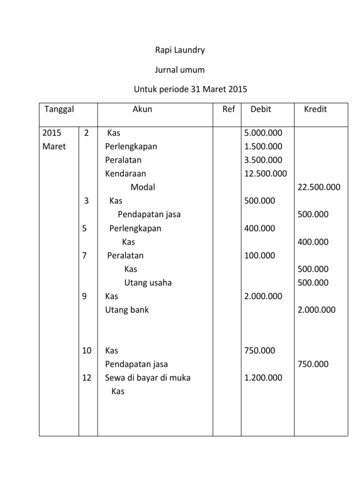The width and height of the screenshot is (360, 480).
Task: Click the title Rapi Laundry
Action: tap(180, 50)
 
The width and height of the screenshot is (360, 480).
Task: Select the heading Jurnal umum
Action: tap(180, 70)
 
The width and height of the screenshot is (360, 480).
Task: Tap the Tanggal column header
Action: tap(59, 109)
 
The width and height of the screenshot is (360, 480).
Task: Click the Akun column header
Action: tap(142, 109)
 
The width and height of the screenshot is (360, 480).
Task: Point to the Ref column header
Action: tap(228, 109)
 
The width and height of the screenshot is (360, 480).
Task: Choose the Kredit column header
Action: tap(315, 109)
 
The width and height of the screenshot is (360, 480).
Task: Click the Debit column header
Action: tap(261, 109)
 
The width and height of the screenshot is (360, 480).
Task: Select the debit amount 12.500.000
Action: tap(265, 173)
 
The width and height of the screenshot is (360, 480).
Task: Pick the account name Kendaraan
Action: tap(126, 173)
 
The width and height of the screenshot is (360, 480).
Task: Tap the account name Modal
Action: tap(142, 187)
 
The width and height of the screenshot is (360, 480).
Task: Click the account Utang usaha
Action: tap(148, 283)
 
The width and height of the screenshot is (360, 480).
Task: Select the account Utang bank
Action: tap(127, 310)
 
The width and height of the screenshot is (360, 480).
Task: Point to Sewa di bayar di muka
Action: tap(148, 377)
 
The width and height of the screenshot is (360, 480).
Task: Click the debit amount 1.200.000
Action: tap(263, 377)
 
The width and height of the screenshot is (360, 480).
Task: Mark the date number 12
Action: tap(87, 377)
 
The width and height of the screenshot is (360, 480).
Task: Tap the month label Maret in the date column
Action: tap(54, 146)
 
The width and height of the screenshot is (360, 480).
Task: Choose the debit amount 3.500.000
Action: tap(263, 160)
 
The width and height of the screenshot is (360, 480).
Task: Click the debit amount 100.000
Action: tap(260, 255)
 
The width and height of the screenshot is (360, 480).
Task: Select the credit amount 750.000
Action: tap(313, 364)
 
